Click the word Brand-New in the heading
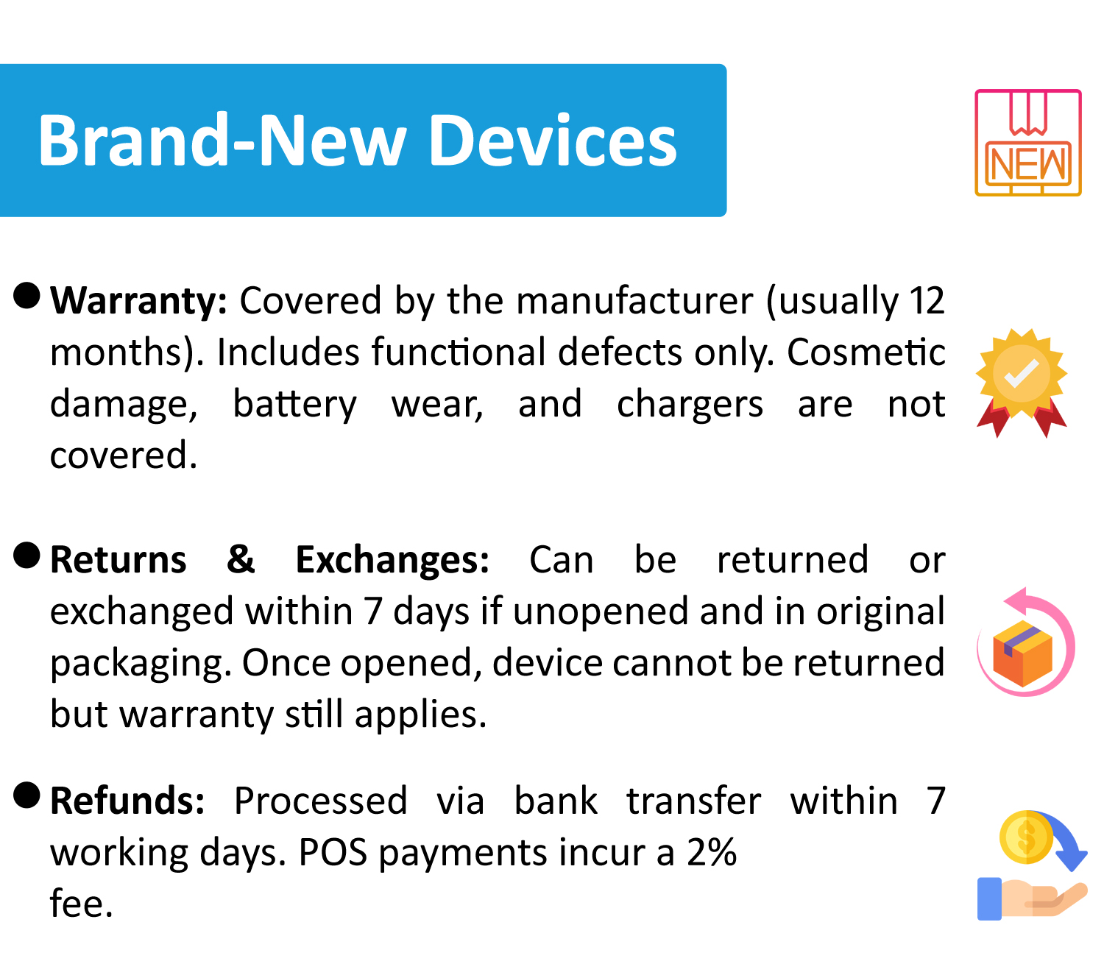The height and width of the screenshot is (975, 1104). point(222,140)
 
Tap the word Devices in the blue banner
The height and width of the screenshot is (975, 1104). point(553,140)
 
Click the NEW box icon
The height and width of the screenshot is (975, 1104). point(1027,143)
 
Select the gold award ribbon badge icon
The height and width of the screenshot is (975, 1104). point(1021,383)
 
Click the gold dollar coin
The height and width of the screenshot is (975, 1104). point(1025,837)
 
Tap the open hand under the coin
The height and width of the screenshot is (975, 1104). point(1032,898)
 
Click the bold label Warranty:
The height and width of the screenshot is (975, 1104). point(138,300)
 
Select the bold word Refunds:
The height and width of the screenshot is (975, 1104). point(127,801)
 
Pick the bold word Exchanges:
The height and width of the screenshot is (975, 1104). point(392,560)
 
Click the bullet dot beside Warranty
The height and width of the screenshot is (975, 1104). point(26,295)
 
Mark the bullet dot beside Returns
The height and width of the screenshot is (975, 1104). point(26,556)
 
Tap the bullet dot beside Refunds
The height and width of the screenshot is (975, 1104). point(26,795)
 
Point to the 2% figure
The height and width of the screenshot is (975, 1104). point(711,852)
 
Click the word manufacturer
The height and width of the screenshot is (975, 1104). point(635,300)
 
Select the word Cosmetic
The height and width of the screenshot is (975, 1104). point(866,352)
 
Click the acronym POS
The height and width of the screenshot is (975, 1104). point(333,852)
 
